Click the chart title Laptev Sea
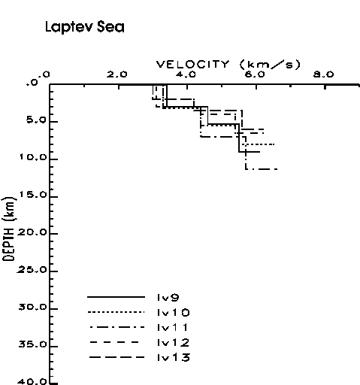point(85,27)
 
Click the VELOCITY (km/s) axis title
point(228,65)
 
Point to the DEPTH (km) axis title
point(10,229)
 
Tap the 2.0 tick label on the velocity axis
point(117,74)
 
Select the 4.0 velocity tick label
point(186,74)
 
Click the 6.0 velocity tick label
point(255,74)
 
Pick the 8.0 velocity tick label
point(324,74)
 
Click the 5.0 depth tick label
point(36,120)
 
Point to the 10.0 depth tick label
point(33,157)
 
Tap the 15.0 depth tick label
point(33,195)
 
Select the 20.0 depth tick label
point(32,232)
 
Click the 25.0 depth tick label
point(32,270)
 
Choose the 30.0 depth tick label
point(32,307)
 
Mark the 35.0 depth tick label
point(32,344)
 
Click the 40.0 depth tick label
point(32,382)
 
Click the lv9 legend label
point(168,298)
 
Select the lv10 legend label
point(174,313)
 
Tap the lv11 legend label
point(172,327)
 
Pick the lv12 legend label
point(174,342)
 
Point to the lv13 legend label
point(174,357)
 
